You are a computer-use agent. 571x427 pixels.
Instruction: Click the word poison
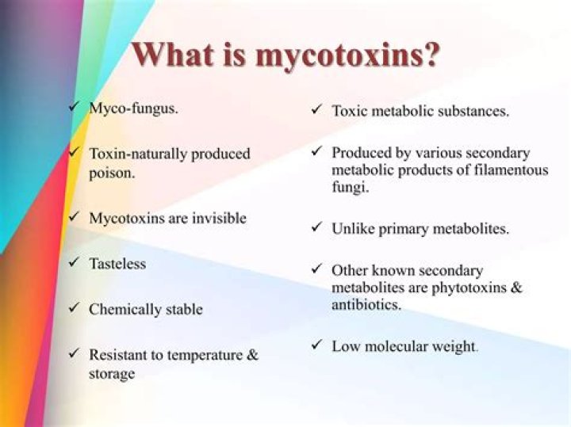coord(111,172)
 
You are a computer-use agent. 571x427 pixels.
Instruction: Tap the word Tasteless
coord(117,263)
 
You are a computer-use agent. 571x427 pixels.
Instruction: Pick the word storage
coord(112,373)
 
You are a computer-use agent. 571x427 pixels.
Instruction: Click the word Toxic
coord(349,111)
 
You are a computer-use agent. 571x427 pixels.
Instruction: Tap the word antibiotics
coord(366,305)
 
